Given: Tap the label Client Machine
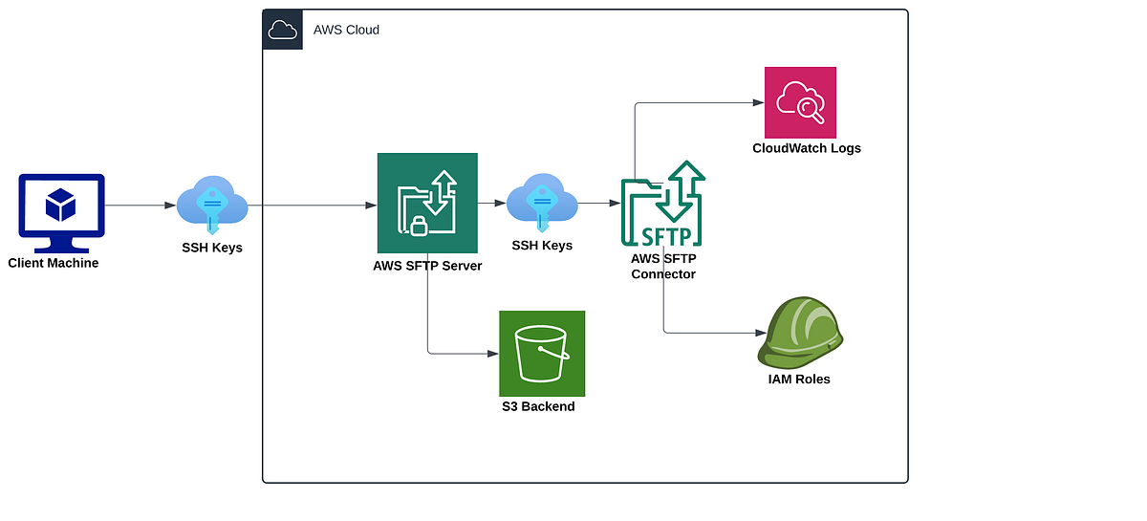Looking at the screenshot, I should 54,263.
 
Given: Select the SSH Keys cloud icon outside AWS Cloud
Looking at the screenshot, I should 212,205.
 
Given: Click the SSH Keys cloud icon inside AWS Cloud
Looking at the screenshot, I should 542,203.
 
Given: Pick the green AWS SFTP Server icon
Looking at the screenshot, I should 427,203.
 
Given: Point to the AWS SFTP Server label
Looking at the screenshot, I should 427,266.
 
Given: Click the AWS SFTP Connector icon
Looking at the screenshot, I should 663,205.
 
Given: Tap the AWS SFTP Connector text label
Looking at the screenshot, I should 663,266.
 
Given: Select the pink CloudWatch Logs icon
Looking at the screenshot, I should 800,102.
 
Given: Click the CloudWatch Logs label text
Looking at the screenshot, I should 806,148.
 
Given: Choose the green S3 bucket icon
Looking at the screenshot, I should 542,354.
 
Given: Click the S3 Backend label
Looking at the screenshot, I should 538,406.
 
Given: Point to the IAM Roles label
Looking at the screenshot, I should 799,380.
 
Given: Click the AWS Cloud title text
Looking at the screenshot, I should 346,30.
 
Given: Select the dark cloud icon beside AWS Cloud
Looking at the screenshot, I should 283,30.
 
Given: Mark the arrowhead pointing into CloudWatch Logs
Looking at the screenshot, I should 759,102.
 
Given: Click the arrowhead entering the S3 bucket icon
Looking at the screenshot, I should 493,354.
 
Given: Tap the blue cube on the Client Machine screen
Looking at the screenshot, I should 61,203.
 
